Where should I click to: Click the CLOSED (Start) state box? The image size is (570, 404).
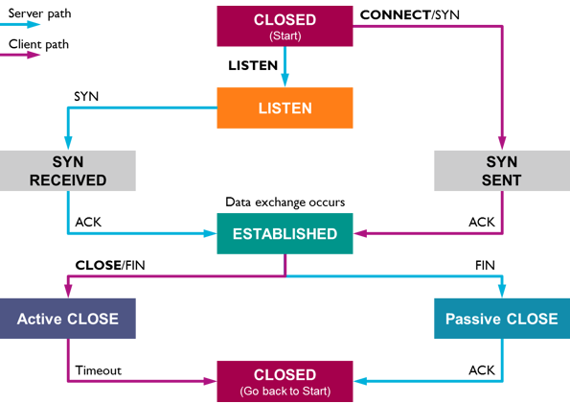tap(285, 26)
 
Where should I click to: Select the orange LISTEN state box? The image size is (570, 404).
tap(285, 107)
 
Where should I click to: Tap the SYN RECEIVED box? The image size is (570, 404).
tap(68, 171)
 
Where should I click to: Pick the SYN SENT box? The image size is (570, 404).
tap(502, 171)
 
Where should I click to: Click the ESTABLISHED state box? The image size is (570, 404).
tap(285, 233)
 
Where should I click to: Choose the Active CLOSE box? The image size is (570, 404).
tap(68, 319)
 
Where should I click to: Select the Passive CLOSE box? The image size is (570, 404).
tap(502, 319)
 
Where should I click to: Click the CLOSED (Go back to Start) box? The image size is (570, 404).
tap(285, 381)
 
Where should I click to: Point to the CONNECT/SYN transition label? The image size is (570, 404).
tap(410, 15)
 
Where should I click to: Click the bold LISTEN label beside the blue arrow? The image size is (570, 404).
tap(253, 65)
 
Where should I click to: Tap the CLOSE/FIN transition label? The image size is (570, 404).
tap(110, 265)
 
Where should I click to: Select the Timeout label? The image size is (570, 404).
tap(98, 370)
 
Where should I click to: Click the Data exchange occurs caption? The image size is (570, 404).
tap(285, 202)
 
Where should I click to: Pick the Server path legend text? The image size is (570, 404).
tap(39, 13)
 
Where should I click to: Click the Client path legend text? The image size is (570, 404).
tap(38, 44)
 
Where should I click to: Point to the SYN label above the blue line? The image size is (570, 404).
tap(86, 97)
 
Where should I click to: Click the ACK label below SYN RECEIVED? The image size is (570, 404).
tap(88, 222)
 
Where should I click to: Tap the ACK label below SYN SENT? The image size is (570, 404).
tap(482, 222)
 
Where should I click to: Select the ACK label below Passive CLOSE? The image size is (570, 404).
tap(482, 370)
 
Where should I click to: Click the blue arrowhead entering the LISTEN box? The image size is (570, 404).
tap(285, 81)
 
